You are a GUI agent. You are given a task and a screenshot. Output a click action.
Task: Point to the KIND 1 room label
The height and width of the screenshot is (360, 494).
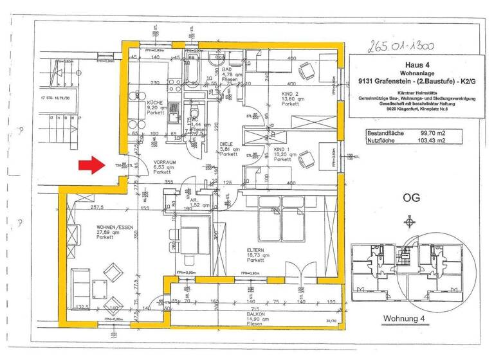(x=284, y=149)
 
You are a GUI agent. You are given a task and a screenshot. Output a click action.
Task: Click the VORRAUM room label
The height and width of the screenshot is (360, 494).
(x=163, y=162)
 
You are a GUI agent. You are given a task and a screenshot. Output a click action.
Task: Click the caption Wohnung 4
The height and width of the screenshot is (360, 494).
(x=405, y=318)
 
